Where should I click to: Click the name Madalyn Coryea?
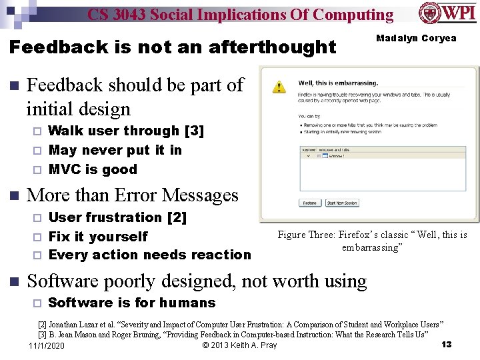(x=416, y=38)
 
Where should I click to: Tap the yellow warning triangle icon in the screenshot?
(x=281, y=87)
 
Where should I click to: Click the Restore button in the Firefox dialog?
(x=310, y=203)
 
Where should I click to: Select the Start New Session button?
(x=342, y=203)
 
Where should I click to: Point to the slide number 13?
(x=447, y=344)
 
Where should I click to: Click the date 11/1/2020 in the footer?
(x=47, y=345)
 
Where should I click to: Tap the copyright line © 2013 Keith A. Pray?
(x=239, y=345)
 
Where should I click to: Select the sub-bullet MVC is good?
(x=93, y=169)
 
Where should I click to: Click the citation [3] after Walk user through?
(x=194, y=131)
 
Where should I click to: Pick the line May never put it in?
(x=115, y=150)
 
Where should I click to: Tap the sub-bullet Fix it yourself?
(x=98, y=236)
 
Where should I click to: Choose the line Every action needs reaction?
(x=149, y=255)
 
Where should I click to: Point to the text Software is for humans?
(x=132, y=303)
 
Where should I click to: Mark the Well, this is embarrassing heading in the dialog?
(x=338, y=83)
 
